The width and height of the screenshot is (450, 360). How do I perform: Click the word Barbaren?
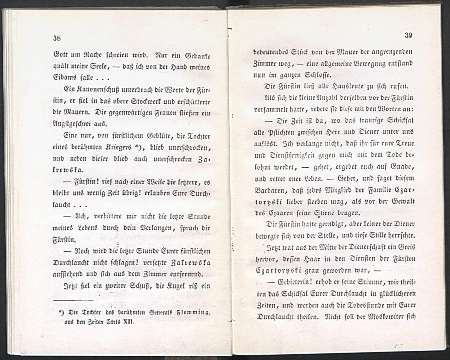[x=272, y=190]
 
